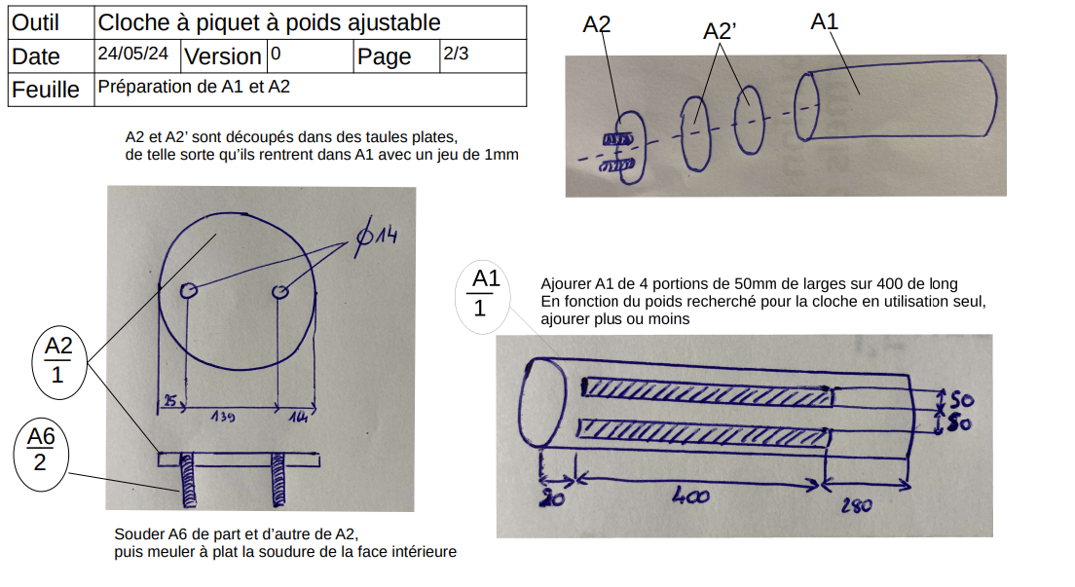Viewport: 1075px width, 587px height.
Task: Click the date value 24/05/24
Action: coord(138,55)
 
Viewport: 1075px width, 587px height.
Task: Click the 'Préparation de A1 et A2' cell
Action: coord(194,87)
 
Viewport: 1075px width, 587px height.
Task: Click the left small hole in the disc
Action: coord(189,290)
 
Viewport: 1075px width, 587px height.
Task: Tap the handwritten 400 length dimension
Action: coord(689,495)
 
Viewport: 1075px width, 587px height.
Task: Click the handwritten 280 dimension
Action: coord(857,506)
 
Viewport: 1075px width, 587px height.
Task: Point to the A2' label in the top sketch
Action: coord(719,31)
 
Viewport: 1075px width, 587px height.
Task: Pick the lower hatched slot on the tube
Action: coord(705,429)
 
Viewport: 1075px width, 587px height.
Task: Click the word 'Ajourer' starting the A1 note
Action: coord(567,284)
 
